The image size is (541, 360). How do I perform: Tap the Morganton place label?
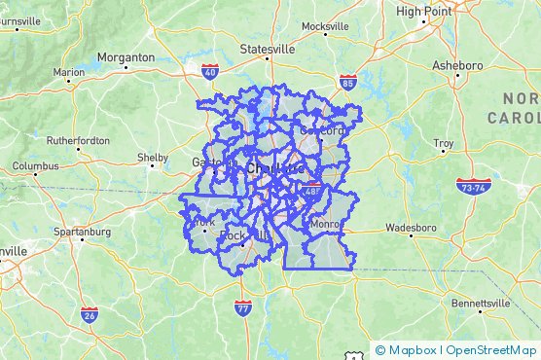pos(126,57)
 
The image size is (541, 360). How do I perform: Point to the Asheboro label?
pos(456,66)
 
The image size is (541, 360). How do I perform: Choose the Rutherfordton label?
pos(78,141)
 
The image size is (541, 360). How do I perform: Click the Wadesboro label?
pos(412,230)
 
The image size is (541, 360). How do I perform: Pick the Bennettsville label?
pos(481,304)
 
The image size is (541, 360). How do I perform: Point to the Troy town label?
pos(444,144)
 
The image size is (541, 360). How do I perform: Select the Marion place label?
pos(69,72)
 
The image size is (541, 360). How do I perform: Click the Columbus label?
pos(35,166)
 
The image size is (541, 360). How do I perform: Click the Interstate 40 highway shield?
pos(210,71)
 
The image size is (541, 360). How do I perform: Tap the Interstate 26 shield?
pos(89,314)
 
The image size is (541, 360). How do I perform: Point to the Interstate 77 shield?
pos(243,308)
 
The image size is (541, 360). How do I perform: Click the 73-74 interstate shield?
pos(472,186)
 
